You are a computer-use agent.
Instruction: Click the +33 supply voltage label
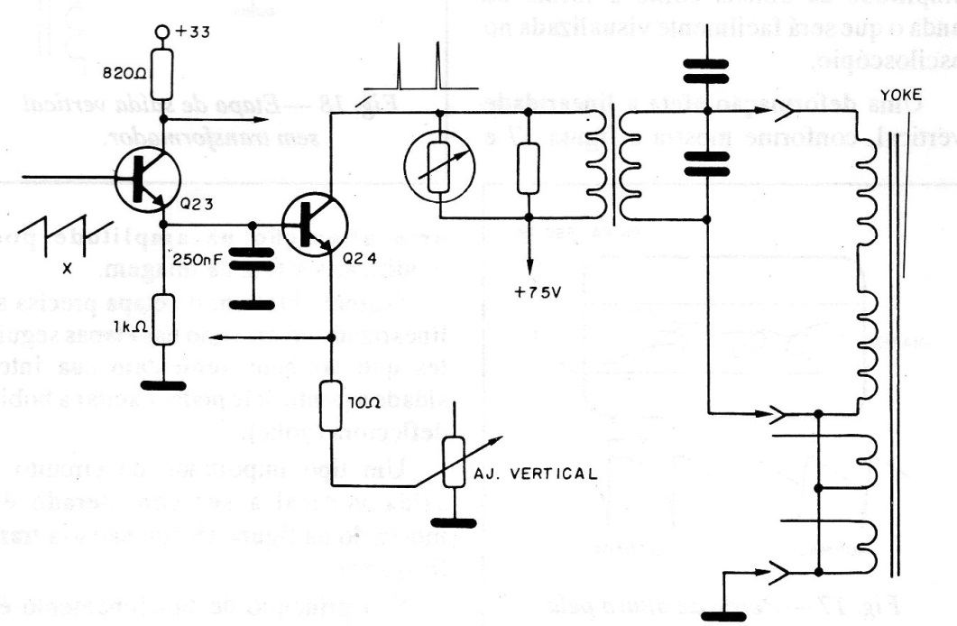(192, 34)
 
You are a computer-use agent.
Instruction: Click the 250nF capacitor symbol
(253, 262)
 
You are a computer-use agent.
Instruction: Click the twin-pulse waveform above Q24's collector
(418, 73)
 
